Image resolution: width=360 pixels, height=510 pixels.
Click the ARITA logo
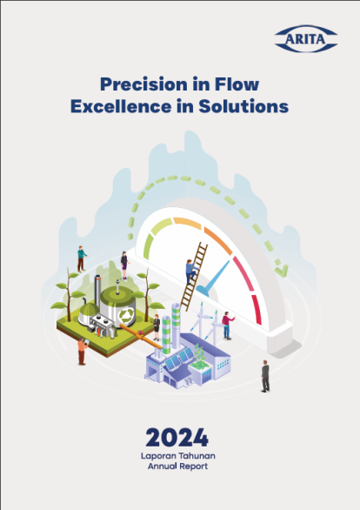306,38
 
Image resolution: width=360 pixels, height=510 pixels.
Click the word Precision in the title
144,84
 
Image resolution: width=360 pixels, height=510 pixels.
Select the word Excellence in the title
121,106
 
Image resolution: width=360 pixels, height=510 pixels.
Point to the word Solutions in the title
243,106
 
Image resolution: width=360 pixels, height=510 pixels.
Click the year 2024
177,438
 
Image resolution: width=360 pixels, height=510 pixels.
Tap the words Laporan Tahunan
178,456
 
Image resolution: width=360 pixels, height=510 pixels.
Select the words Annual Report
177,466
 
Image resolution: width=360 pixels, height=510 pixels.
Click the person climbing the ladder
191,272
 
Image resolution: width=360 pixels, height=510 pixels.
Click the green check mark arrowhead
282,271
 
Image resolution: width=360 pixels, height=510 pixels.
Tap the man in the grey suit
265,376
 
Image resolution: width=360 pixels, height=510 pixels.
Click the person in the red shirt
228,325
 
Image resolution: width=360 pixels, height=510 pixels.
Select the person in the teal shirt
82,258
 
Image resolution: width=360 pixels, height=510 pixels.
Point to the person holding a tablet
83,352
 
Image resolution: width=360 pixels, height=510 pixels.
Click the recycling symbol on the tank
126,315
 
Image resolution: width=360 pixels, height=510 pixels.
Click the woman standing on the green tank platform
124,265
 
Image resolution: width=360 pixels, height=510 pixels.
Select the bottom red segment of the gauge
257,310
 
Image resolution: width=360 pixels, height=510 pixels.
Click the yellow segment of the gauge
188,224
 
